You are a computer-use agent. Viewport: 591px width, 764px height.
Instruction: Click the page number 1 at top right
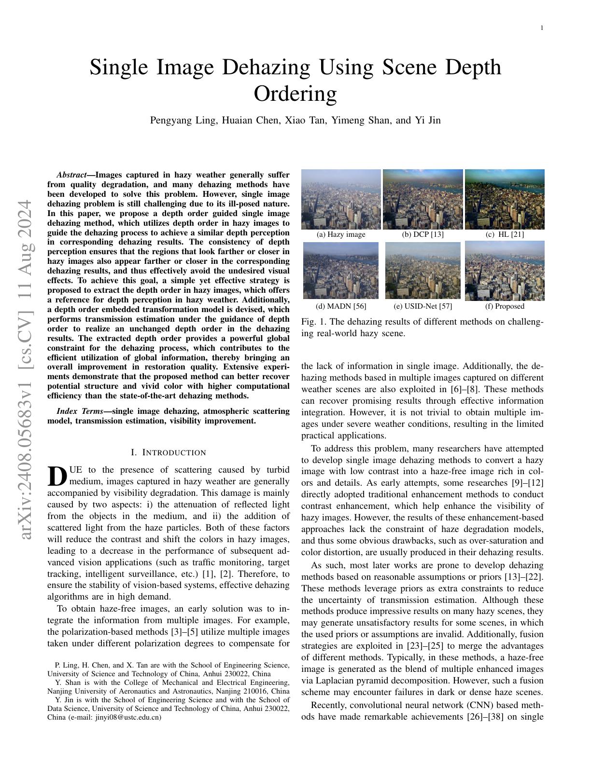coord(542,28)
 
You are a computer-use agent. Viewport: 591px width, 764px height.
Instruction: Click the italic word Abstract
coord(71,175)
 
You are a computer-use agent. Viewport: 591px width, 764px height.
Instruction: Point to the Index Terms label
coord(79,411)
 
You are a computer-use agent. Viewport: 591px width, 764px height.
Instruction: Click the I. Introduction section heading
coord(169,452)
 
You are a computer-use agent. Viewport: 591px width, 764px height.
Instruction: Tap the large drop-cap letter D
coord(57,476)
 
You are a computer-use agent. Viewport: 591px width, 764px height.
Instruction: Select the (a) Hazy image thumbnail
coord(341,199)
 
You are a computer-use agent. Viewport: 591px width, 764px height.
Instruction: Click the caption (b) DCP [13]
coord(422,234)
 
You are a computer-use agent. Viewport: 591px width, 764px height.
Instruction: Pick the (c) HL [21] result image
coord(505,199)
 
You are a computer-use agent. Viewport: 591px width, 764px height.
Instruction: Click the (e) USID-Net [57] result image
coord(422,271)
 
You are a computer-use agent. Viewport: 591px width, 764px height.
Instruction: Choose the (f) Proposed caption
coord(505,306)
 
